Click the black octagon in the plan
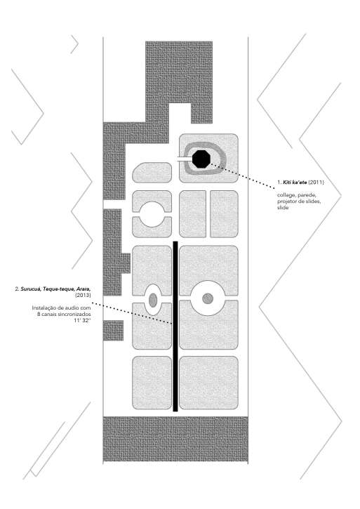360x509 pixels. click(x=201, y=159)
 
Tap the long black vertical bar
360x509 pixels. click(x=175, y=326)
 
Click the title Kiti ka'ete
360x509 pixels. click(x=295, y=182)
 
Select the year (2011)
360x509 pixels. click(x=316, y=182)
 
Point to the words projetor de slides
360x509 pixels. click(x=299, y=201)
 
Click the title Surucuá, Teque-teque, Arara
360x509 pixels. click(x=56, y=289)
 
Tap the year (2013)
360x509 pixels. click(x=83, y=295)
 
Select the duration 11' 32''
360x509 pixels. click(x=82, y=320)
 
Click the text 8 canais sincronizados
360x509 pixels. click(x=64, y=315)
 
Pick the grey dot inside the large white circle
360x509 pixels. click(x=208, y=298)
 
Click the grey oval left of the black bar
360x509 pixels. click(x=153, y=300)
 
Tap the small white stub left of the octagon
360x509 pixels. click(x=185, y=159)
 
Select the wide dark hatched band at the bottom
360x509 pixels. click(x=175, y=439)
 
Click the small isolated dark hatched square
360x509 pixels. click(x=113, y=331)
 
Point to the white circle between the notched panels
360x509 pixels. click(x=152, y=214)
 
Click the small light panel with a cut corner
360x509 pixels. click(x=152, y=173)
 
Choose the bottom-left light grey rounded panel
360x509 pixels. click(x=152, y=383)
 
